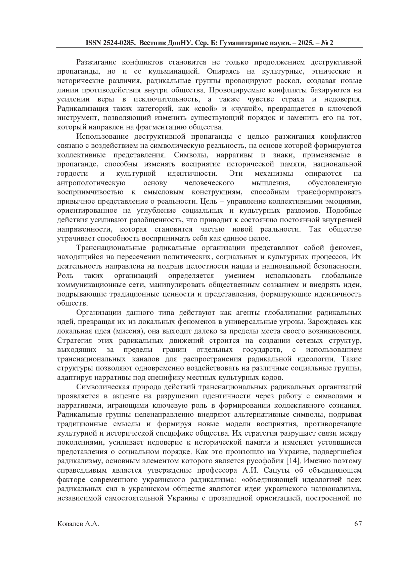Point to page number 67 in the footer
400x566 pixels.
click(358, 524)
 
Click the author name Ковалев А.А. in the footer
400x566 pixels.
click(78, 524)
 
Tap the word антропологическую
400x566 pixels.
click(91, 183)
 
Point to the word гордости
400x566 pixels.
click(73, 173)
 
